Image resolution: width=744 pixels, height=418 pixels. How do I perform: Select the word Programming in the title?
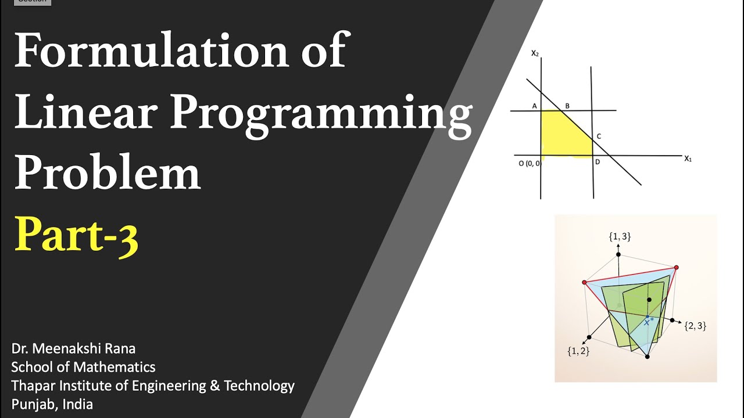(321, 113)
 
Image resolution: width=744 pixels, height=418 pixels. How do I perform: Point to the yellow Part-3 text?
(76, 233)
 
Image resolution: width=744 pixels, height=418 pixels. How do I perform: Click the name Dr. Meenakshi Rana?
(73, 349)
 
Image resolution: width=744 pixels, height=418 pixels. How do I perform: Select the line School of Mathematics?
(83, 367)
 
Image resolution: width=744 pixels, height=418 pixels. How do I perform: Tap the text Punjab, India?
(52, 405)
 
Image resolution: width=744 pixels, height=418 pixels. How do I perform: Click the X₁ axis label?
(688, 158)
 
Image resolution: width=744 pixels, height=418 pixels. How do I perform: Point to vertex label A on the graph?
(534, 106)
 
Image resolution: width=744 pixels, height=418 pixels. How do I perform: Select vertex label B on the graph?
(567, 106)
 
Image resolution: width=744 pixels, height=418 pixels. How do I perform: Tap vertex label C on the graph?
(599, 136)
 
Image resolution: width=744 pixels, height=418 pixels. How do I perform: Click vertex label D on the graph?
(598, 162)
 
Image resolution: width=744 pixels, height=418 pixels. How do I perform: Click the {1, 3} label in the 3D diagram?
(620, 237)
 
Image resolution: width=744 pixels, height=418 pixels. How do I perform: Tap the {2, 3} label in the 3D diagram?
(695, 326)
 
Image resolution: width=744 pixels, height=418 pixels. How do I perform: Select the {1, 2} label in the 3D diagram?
(578, 351)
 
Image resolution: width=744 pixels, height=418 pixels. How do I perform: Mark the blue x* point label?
(649, 321)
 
